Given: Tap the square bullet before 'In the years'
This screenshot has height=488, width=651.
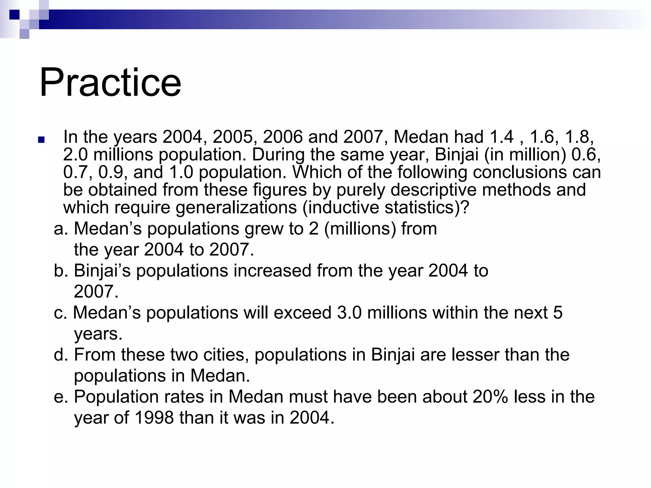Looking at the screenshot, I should pos(41,139).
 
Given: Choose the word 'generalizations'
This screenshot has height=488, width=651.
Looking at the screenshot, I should pos(236,208).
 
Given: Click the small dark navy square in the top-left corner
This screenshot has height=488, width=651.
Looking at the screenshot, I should pos(14,15).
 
